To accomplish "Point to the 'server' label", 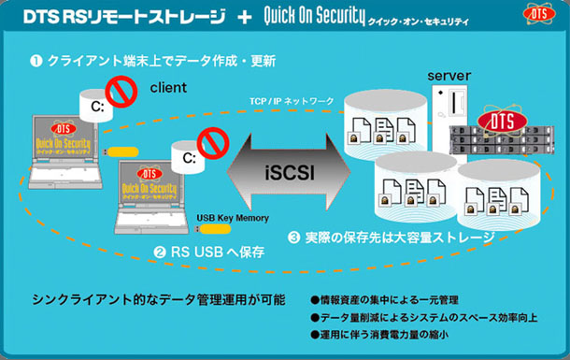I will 449,75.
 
